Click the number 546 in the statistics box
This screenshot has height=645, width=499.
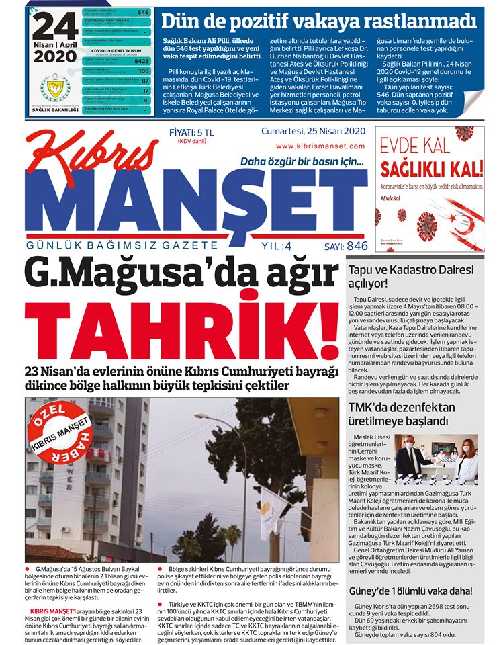[x=143, y=12]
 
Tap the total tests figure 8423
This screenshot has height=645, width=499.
[x=141, y=60]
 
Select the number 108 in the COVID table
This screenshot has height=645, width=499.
[x=143, y=70]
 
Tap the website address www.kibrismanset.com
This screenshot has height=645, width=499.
[x=314, y=146]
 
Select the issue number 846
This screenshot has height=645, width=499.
[x=357, y=246]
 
